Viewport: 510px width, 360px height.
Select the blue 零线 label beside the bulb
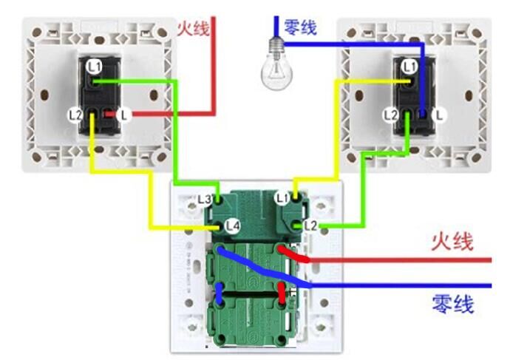coord(300,28)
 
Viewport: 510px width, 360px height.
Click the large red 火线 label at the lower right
coord(452,242)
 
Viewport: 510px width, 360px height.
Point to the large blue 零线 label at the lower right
coord(452,303)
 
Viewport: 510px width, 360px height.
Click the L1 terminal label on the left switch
coord(94,67)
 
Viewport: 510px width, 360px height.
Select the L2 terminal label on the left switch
coord(75,115)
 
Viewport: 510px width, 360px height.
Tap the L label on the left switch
coord(125,115)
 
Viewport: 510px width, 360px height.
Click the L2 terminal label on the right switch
coord(391,115)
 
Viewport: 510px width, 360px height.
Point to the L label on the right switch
coord(440,115)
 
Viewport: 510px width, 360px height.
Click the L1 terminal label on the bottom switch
coord(282,198)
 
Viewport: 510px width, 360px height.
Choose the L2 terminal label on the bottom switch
coord(310,224)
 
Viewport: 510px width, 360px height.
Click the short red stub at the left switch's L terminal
coord(109,115)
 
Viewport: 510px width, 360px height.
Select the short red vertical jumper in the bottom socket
coord(282,293)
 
